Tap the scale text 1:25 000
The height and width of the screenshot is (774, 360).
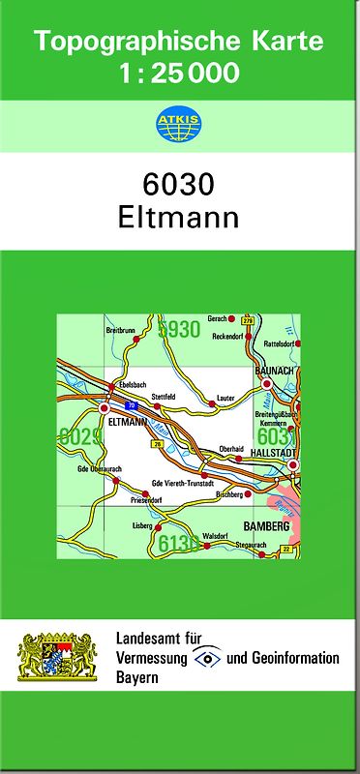pyautogui.click(x=179, y=73)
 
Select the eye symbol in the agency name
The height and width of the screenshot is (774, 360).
pyautogui.click(x=207, y=658)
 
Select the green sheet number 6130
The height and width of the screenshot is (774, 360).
pyautogui.click(x=178, y=546)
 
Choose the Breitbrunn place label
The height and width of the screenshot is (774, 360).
pyautogui.click(x=120, y=330)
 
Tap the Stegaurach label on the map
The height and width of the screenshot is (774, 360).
pyautogui.click(x=250, y=545)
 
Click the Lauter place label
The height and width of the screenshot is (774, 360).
pyautogui.click(x=226, y=397)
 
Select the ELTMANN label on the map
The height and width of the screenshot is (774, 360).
pyautogui.click(x=129, y=423)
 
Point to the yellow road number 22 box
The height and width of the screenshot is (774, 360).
pyautogui.click(x=286, y=550)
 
